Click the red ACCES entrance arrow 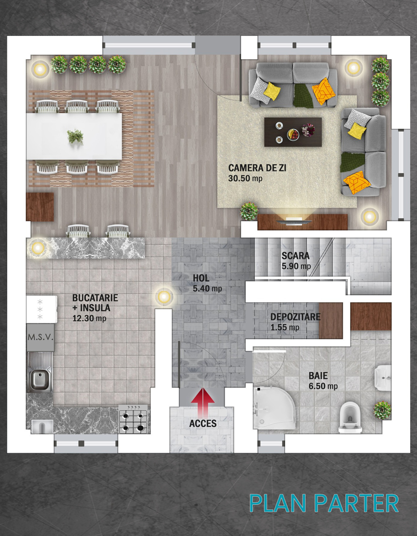[203, 402]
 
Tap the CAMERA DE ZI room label [257, 168]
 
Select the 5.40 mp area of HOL [207, 289]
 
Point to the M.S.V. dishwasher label [40, 337]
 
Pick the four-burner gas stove [133, 419]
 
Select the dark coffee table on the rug [293, 132]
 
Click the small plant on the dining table [75, 136]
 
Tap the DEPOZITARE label [295, 317]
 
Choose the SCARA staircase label [295, 256]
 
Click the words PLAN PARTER [324, 503]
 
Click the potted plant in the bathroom [382, 410]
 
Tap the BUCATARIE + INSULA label [95, 303]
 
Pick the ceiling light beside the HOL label [164, 297]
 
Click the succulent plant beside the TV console [249, 211]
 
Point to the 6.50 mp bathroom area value [323, 386]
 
